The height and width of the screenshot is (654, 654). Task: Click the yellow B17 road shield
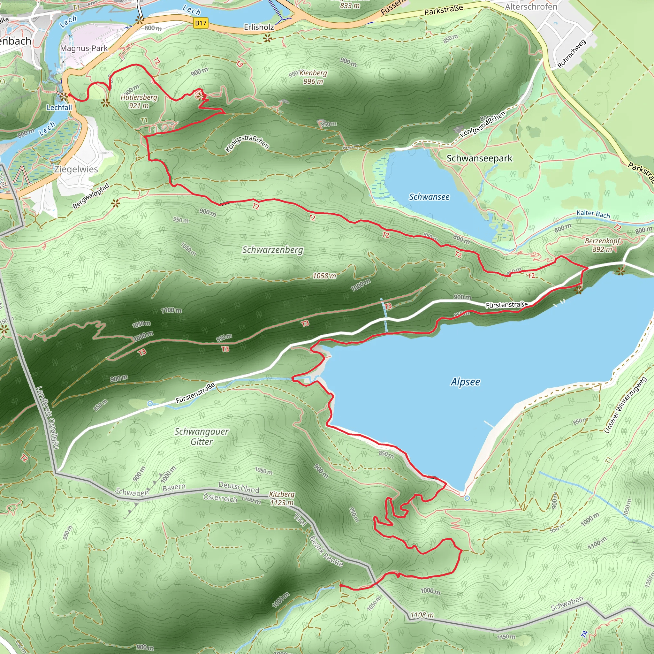pos(201,23)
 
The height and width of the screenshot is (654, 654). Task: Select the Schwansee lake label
pos(429,197)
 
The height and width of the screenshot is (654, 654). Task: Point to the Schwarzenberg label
pos(272,250)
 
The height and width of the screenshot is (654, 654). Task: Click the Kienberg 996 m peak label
pos(313,77)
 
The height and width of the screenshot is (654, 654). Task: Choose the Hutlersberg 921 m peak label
pos(139,101)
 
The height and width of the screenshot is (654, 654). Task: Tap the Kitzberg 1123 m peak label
pos(282,498)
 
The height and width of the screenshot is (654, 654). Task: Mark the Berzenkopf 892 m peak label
pos(602,245)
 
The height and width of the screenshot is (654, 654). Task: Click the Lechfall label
pos(59,108)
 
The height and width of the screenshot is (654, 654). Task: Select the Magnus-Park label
pos(84,49)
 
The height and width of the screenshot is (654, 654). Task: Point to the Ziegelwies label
pos(76,169)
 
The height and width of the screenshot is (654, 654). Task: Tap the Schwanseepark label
pos(479,158)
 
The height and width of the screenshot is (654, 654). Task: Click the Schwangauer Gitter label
pos(202,436)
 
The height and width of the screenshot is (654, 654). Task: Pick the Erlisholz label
pos(259,27)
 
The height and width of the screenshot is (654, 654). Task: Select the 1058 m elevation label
pos(324,276)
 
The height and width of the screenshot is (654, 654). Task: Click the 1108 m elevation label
pos(422,615)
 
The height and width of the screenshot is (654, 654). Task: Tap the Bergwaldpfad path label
pos(91,196)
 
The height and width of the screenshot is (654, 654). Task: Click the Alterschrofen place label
pos(531,7)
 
